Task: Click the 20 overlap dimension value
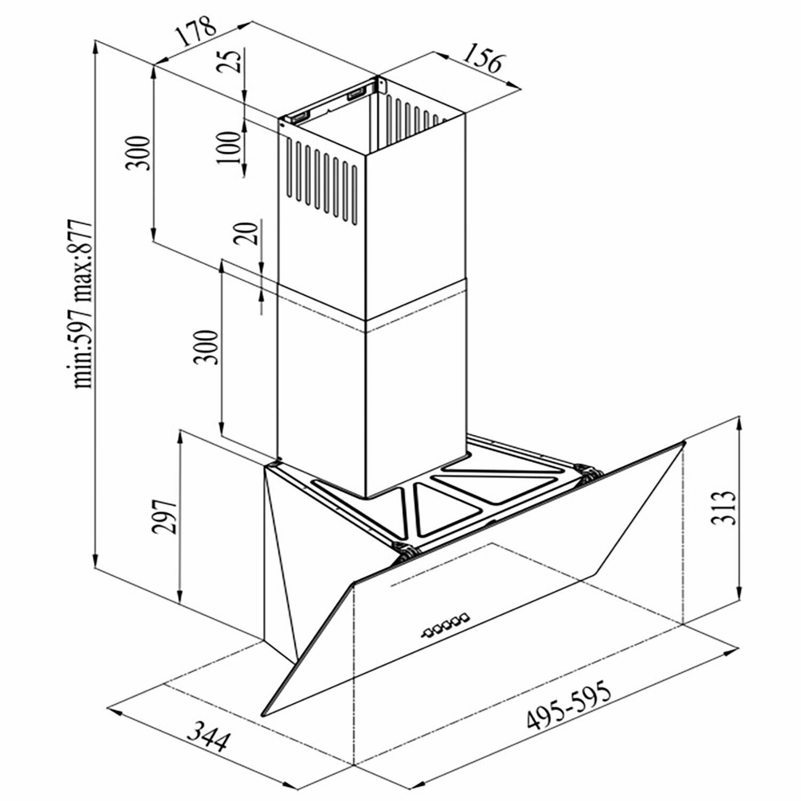tap(247, 233)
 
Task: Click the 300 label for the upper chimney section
tap(137, 153)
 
